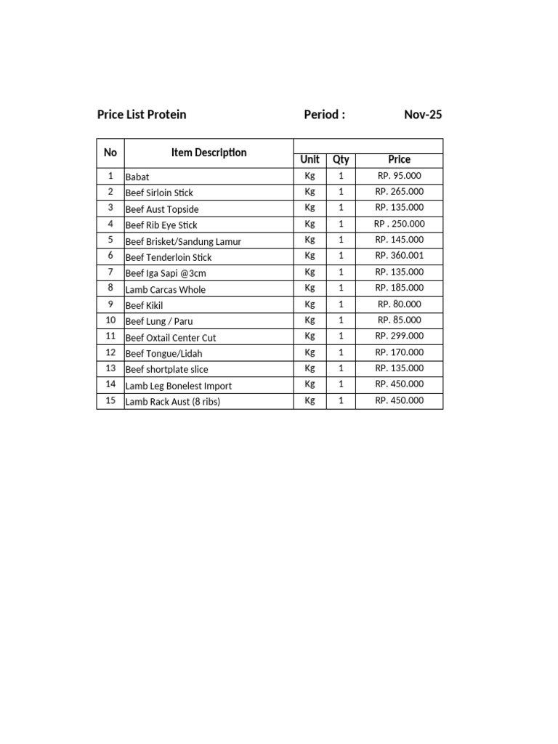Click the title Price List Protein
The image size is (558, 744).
(142, 115)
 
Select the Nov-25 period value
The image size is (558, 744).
(423, 115)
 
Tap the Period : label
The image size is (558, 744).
(324, 115)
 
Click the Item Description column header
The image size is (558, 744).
(209, 153)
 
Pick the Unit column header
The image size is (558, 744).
(310, 160)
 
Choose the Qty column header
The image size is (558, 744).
(341, 160)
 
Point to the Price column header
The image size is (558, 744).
(399, 160)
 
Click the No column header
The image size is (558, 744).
(110, 153)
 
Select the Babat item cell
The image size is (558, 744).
(137, 177)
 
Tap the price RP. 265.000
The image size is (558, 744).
(399, 192)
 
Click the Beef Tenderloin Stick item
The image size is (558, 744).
(169, 257)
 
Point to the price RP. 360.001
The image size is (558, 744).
(399, 256)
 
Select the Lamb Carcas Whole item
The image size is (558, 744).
(166, 289)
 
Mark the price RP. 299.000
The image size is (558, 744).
(399, 336)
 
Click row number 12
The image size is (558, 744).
(110, 352)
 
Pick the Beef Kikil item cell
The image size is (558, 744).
(144, 305)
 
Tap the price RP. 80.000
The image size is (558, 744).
(399, 304)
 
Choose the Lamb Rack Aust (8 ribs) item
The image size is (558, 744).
(173, 402)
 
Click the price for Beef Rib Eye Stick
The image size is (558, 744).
(399, 224)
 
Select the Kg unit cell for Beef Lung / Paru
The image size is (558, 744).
(310, 320)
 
